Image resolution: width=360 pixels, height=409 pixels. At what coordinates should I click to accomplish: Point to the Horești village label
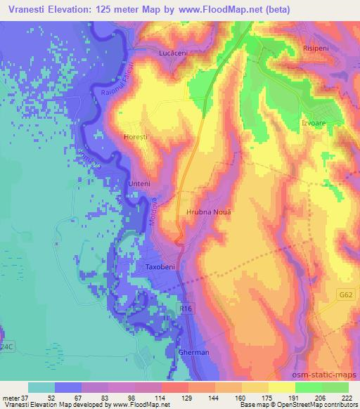point(136,137)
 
